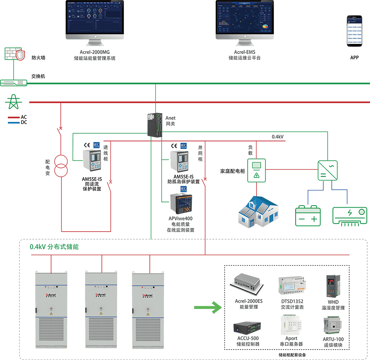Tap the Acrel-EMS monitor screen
click(x=245, y=18)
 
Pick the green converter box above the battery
click(x=327, y=170)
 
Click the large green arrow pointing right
click(x=207, y=308)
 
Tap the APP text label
click(x=354, y=58)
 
